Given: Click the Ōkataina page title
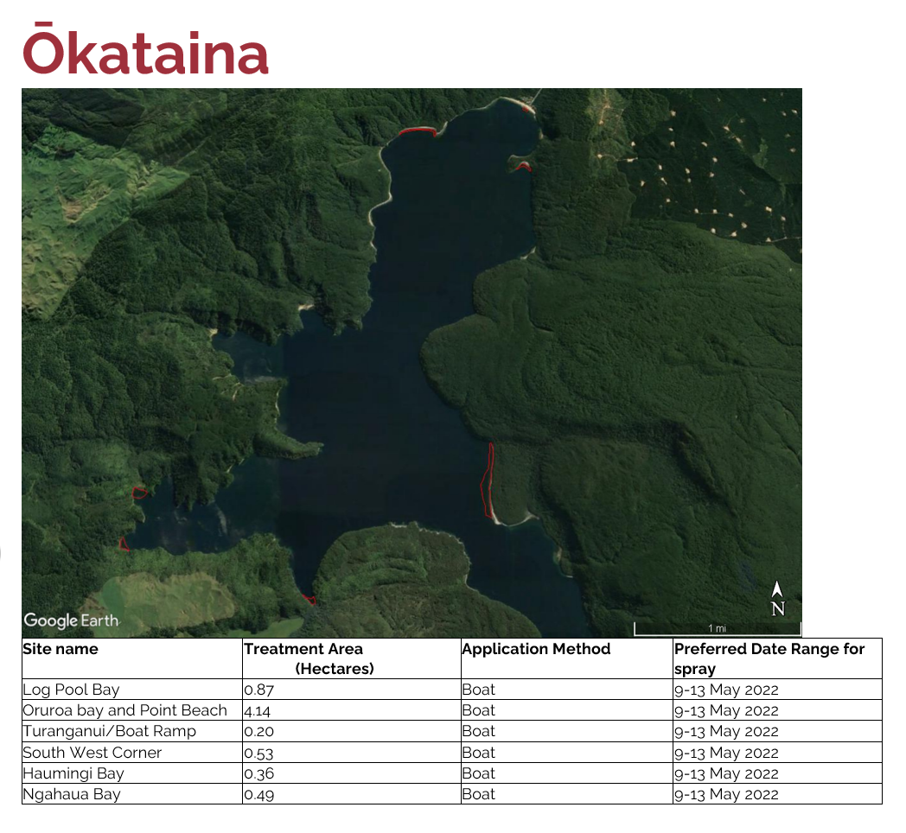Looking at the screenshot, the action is pyautogui.click(x=145, y=50).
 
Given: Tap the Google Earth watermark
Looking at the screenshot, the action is pyautogui.click(x=71, y=620).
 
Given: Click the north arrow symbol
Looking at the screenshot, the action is pyautogui.click(x=778, y=599).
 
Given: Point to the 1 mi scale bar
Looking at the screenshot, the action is pyautogui.click(x=718, y=629).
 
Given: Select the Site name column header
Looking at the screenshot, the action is pyautogui.click(x=61, y=649).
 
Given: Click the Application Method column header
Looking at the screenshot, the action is pyautogui.click(x=536, y=649).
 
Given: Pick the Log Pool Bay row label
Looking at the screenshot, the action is pyautogui.click(x=71, y=690).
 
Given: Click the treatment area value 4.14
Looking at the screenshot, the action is pyautogui.click(x=257, y=710).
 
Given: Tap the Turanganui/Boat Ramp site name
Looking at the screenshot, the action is pyautogui.click(x=110, y=731).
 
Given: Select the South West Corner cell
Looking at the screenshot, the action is pyautogui.click(x=93, y=753).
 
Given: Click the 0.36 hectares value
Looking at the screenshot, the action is pyautogui.click(x=258, y=773).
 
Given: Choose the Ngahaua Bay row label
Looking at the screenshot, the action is pyautogui.click(x=72, y=794).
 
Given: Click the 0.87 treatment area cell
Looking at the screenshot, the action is pyautogui.click(x=258, y=690).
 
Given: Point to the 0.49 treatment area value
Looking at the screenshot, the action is pyautogui.click(x=258, y=795).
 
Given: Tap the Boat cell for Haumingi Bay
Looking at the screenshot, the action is pyautogui.click(x=478, y=773).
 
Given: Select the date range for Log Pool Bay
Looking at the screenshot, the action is pyautogui.click(x=726, y=690).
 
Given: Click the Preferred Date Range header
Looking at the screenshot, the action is pyautogui.click(x=769, y=658).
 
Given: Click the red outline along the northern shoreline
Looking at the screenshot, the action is pyautogui.click(x=418, y=131).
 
